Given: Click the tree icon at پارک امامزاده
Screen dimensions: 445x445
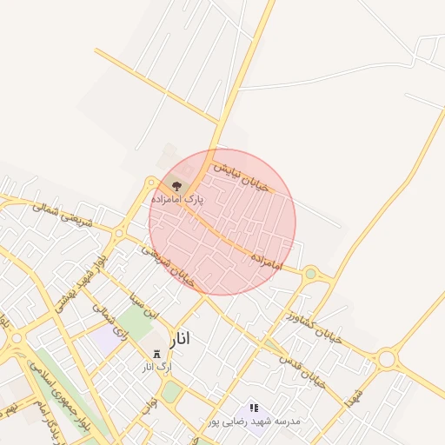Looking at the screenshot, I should pos(177,184).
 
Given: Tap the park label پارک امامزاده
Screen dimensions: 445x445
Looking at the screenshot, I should pos(176,199).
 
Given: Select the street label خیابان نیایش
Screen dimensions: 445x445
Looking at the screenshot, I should pos(243,175).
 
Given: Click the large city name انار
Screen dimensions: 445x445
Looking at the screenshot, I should pos(175,338).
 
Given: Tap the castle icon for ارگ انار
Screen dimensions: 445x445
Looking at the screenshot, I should pos(157,354).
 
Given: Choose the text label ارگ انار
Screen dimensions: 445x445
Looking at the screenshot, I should pos(157,367).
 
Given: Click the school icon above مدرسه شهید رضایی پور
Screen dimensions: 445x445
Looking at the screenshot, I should pos(254,407).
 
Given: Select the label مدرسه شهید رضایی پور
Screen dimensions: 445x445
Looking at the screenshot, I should pos(254,421).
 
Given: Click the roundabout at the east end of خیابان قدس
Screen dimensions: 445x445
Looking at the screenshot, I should pos(387,358).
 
